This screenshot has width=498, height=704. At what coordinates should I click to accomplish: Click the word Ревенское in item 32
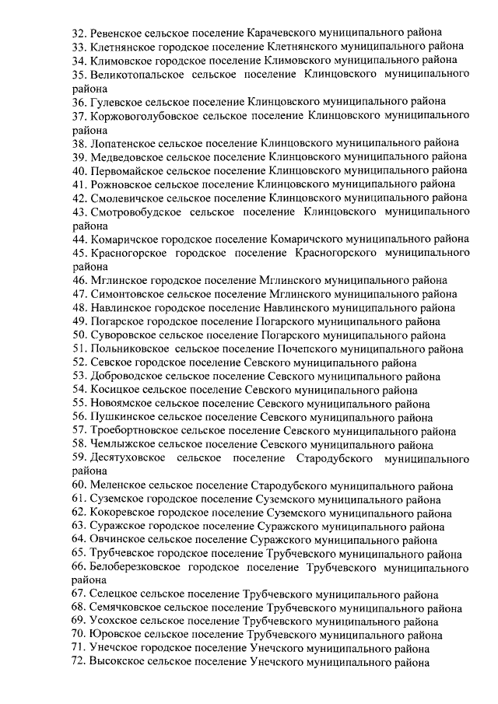116,33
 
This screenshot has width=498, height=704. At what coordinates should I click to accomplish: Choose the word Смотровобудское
132,212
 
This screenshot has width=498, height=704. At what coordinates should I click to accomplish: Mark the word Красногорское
128,253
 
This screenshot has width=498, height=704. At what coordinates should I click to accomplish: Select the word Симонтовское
127,294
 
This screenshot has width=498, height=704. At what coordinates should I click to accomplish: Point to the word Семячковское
127,608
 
